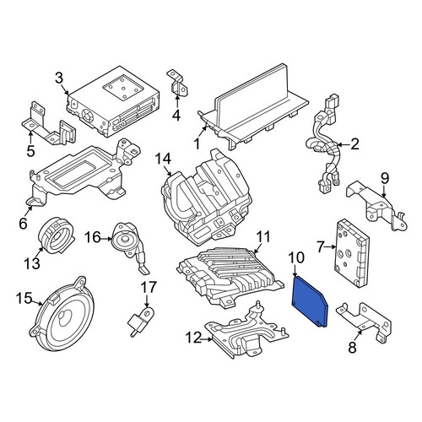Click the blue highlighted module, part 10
[310, 302]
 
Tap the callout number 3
[59, 78]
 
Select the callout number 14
[163, 159]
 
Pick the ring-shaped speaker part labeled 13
[57, 235]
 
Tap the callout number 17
[149, 287]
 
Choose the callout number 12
[193, 338]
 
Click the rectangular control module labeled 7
[352, 253]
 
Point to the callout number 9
[385, 178]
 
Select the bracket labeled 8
[364, 322]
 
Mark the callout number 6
[23, 224]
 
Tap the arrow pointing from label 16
[106, 239]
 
